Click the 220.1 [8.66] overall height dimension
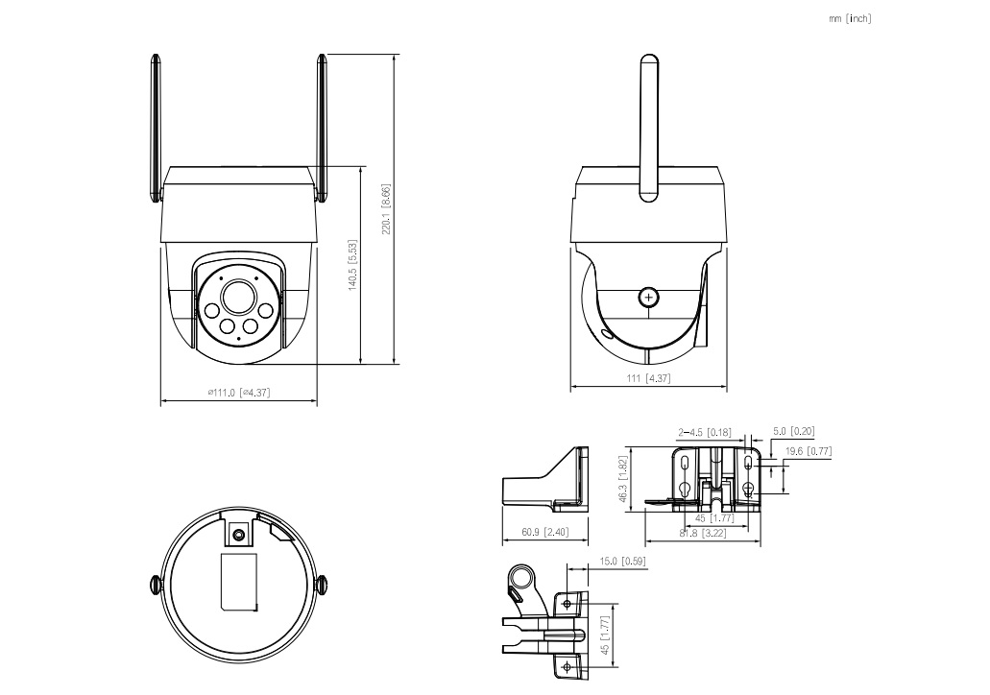(385, 210)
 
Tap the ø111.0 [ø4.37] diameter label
(238, 392)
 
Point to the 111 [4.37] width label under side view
(648, 378)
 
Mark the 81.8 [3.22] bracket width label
(702, 533)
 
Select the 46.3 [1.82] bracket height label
(623, 480)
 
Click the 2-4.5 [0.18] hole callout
(704, 432)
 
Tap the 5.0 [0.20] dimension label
(793, 432)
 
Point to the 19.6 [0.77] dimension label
(808, 451)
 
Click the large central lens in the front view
(236, 297)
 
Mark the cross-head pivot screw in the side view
(649, 298)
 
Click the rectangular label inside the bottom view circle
(239, 581)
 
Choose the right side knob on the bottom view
(321, 584)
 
